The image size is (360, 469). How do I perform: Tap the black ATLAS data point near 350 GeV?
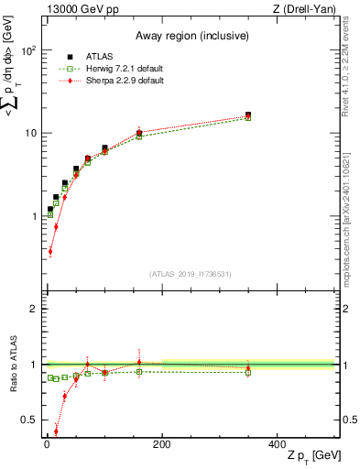point(248,115)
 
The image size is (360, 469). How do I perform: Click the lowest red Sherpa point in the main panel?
point(50,251)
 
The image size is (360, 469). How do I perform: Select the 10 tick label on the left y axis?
point(28,134)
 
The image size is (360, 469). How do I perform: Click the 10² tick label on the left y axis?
point(27,51)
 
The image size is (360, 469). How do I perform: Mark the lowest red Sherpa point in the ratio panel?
point(56,431)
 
